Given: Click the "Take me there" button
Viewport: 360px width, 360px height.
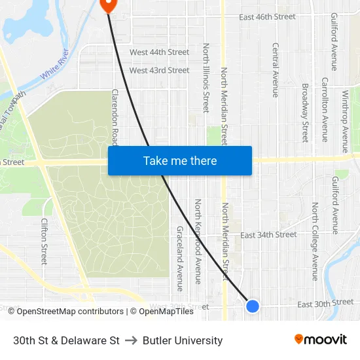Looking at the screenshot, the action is tap(179, 160).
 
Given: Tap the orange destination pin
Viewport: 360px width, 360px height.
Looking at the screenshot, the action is tap(108, 5).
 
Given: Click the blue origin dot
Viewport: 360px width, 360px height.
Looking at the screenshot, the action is tap(252, 306).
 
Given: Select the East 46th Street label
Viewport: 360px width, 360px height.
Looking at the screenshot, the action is tap(268, 17).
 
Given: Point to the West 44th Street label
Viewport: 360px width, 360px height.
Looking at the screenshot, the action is tap(159, 52).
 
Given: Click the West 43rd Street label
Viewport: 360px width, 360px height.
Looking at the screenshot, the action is tap(159, 70).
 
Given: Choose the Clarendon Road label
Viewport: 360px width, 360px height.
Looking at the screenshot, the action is tap(115, 117).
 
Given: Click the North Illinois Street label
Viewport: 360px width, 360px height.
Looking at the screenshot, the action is tap(206, 78).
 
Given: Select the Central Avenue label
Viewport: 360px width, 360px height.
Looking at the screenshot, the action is tap(276, 70).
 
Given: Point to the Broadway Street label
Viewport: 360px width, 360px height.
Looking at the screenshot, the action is tap(304, 112).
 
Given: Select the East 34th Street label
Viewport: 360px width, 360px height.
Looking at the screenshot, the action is tap(268, 234).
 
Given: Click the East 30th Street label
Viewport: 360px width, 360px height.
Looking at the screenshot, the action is tap(325, 303).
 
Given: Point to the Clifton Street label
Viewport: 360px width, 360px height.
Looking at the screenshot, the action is tap(45, 241).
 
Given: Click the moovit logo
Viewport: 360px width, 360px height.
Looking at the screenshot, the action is tap(321, 340).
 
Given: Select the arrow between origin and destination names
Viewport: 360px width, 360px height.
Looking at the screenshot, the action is tap(131, 340).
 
